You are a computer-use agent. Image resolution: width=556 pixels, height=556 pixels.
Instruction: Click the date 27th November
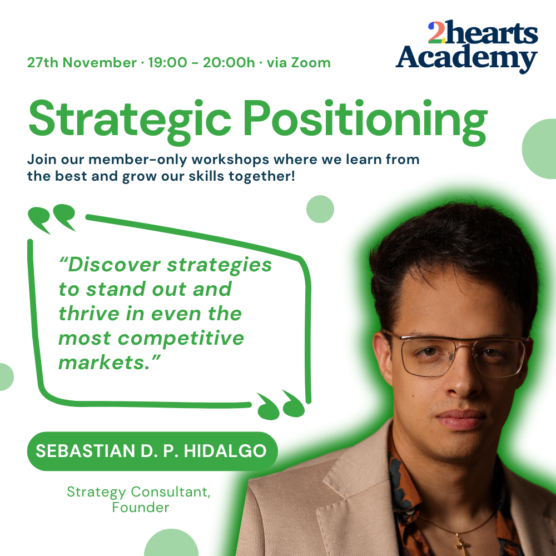pyautogui.click(x=82, y=63)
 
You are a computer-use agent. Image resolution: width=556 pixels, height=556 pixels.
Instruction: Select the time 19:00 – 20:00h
pyautogui.click(x=201, y=63)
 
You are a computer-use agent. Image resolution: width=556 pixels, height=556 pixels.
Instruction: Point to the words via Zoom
pyautogui.click(x=299, y=63)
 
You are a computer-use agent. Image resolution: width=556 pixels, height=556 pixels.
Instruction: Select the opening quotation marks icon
pyautogui.click(x=52, y=219)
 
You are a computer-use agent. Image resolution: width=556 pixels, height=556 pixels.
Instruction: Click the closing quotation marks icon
pyautogui.click(x=281, y=405)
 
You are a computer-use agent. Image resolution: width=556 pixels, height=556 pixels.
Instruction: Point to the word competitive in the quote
pyautogui.click(x=181, y=339)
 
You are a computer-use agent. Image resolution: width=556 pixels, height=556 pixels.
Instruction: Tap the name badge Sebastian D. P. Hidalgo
pyautogui.click(x=152, y=451)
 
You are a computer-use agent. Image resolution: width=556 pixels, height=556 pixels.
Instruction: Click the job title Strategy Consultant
pyautogui.click(x=138, y=492)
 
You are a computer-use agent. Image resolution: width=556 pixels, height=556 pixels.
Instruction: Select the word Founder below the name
pyautogui.click(x=141, y=508)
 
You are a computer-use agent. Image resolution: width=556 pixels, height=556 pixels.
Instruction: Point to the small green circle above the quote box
pyautogui.click(x=320, y=209)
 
